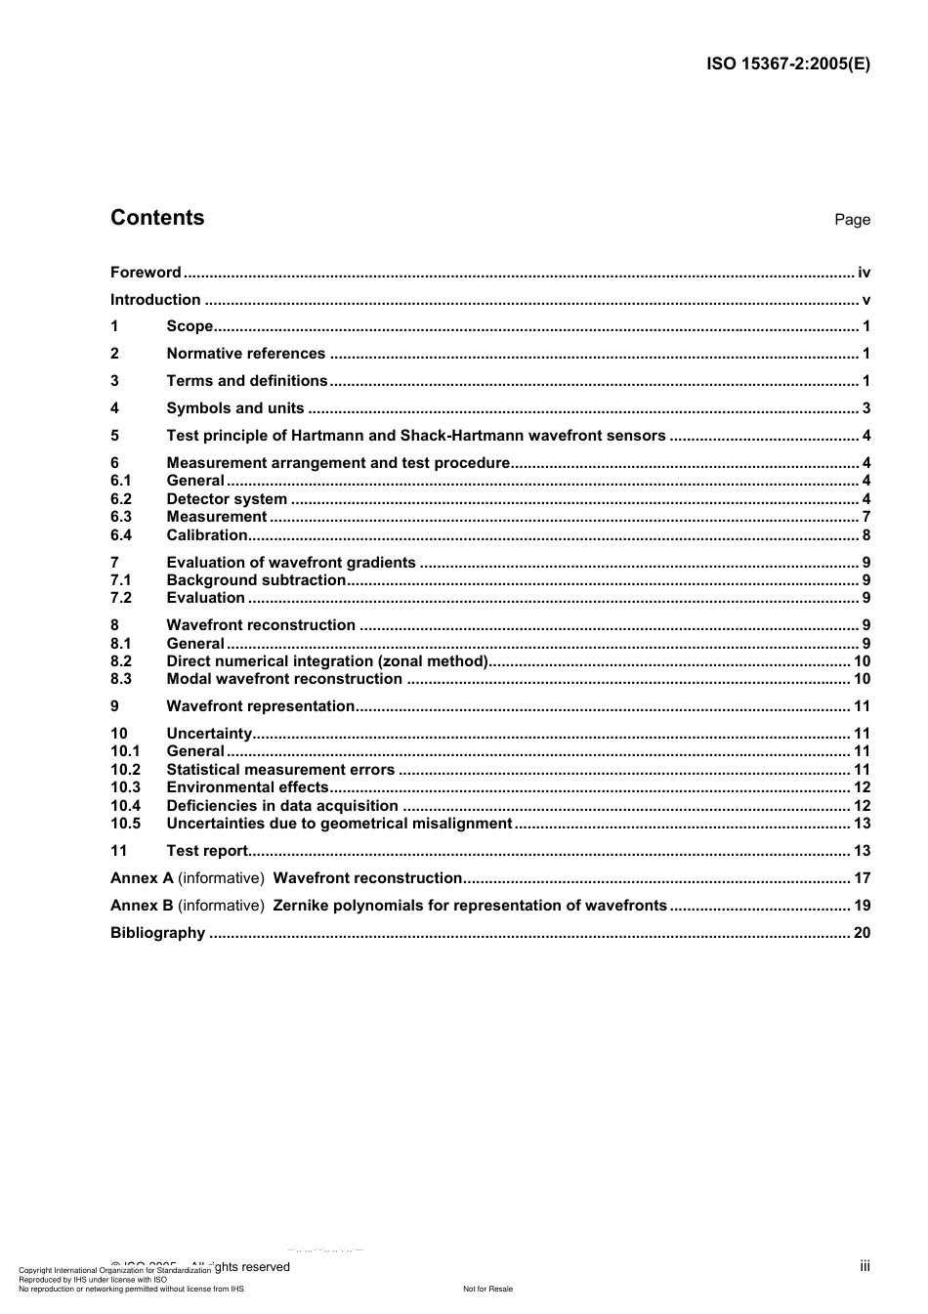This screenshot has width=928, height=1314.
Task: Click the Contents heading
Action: [x=157, y=218]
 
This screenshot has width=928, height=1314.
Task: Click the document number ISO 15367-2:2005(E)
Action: [x=787, y=64]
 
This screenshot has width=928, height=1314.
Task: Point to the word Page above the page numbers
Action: [x=852, y=220]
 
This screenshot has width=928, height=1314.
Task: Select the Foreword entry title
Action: [x=146, y=273]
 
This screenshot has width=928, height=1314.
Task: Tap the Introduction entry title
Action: [x=155, y=300]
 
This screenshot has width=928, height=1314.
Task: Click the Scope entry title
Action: [x=190, y=326]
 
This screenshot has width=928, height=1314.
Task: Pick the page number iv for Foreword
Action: [x=864, y=273]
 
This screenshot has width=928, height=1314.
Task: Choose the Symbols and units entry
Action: [x=234, y=408]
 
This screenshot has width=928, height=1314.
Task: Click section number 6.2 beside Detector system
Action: [x=121, y=499]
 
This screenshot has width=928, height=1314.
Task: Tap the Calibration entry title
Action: [x=206, y=535]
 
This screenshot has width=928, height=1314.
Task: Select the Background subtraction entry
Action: [x=256, y=580]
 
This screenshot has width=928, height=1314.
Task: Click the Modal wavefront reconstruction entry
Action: [x=284, y=679]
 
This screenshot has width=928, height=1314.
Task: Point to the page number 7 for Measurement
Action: [x=865, y=517]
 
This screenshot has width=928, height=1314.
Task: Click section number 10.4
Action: [x=125, y=806]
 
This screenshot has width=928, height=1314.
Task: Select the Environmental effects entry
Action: [x=247, y=787]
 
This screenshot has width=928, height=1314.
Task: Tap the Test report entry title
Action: [x=207, y=851]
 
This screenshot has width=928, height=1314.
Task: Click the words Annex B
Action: [x=142, y=906]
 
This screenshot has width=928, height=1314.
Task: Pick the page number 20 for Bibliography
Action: [x=862, y=933]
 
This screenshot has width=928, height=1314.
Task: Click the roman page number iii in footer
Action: [x=865, y=1266]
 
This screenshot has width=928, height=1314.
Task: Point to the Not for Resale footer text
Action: [x=487, y=1289]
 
